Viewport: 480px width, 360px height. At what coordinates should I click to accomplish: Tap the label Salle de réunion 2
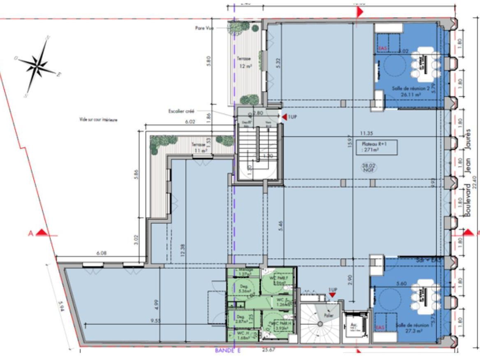click(405, 89)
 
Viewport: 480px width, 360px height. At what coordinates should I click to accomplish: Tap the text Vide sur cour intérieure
click(99, 120)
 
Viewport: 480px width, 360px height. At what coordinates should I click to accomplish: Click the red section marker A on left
click(37, 233)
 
